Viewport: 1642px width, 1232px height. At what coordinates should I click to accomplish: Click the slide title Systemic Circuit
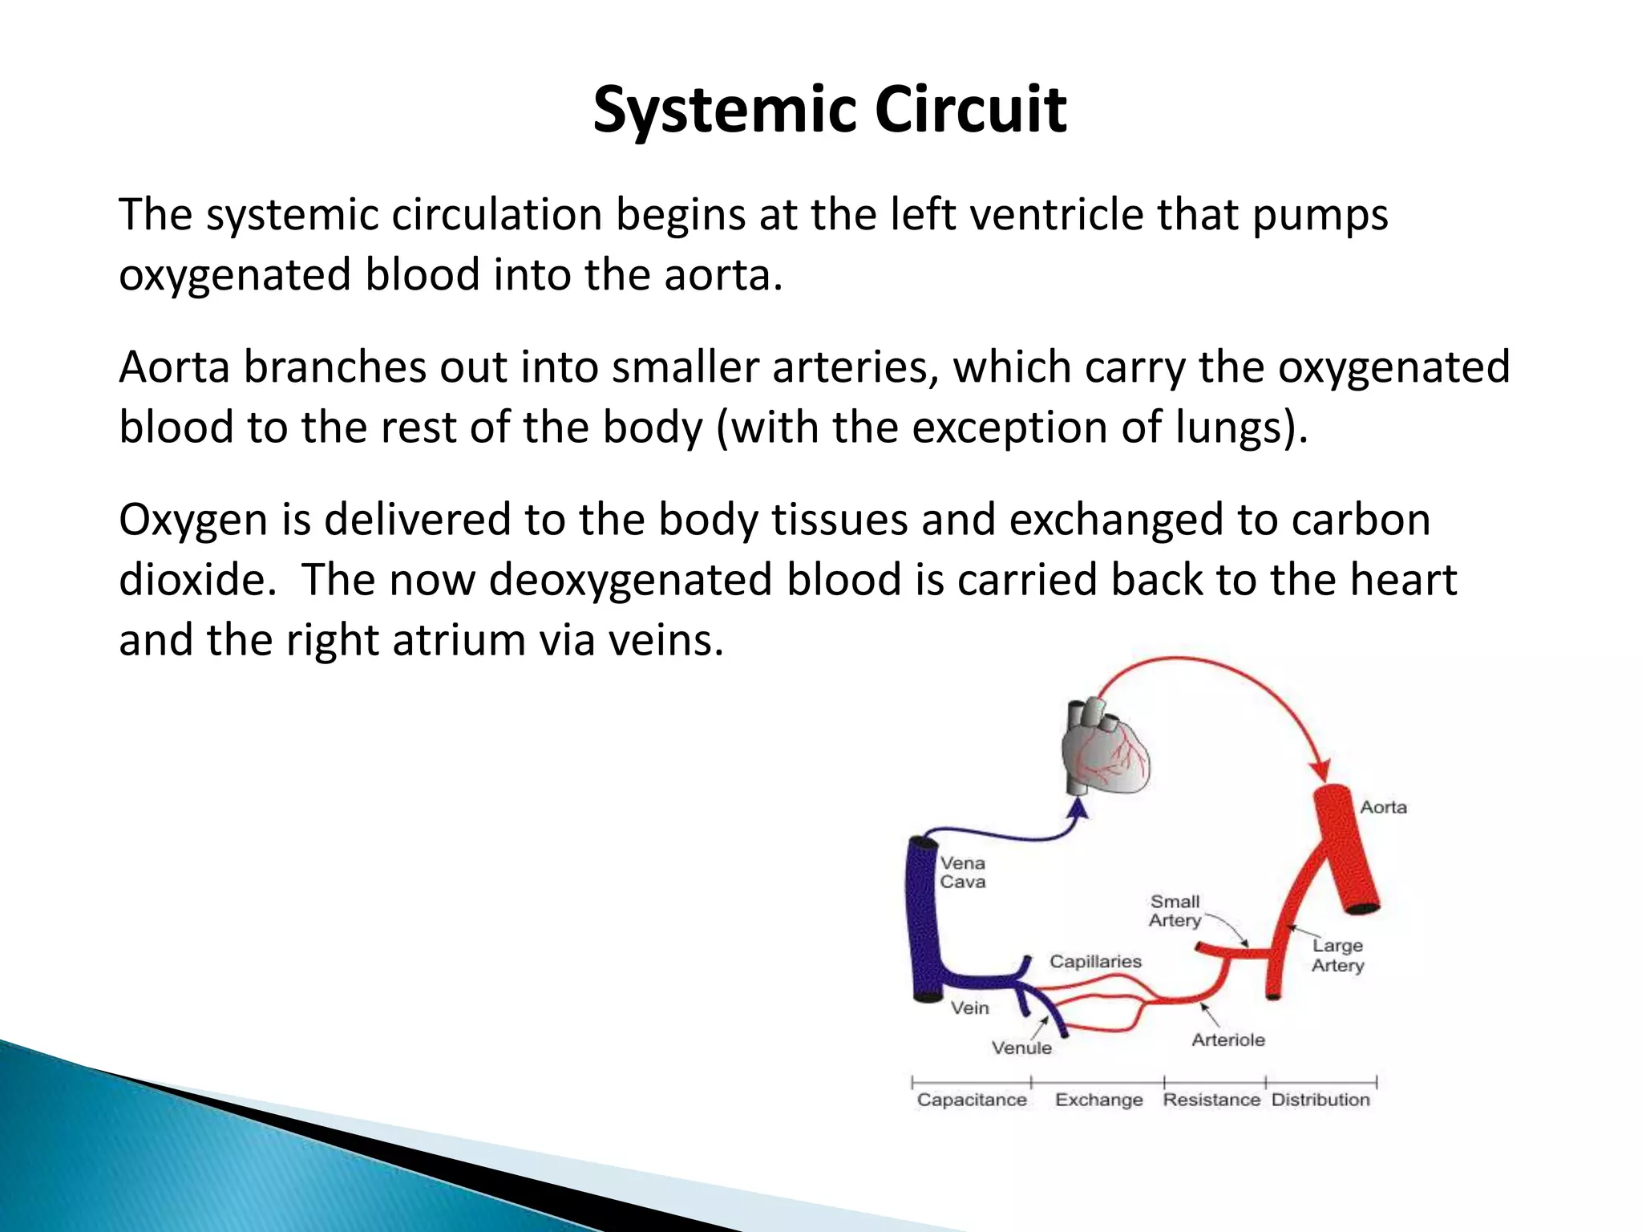coord(829,110)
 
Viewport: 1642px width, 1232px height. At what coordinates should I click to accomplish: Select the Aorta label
coord(1383,807)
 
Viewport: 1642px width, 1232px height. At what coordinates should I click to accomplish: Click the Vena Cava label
coord(962,873)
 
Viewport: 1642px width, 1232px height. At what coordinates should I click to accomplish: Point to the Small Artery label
coord(1175,911)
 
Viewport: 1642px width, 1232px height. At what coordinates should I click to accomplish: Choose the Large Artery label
coord(1337,955)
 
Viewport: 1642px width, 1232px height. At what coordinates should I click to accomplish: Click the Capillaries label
coord(1095,961)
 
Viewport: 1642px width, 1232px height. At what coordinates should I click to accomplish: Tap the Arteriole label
coord(1227,1040)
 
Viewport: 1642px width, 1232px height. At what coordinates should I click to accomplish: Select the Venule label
coord(1021,1048)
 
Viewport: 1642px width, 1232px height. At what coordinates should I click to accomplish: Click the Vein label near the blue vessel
coord(969,1007)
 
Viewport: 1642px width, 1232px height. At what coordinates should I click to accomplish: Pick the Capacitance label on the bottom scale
coord(972,1100)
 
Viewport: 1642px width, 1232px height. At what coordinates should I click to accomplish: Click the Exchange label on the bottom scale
coord(1098,1100)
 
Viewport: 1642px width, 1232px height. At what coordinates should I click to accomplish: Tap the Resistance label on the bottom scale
coord(1211,1100)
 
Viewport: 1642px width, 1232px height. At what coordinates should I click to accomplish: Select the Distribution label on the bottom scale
coord(1320,1100)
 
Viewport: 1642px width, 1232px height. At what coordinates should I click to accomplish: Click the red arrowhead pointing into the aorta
coord(1319,770)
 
